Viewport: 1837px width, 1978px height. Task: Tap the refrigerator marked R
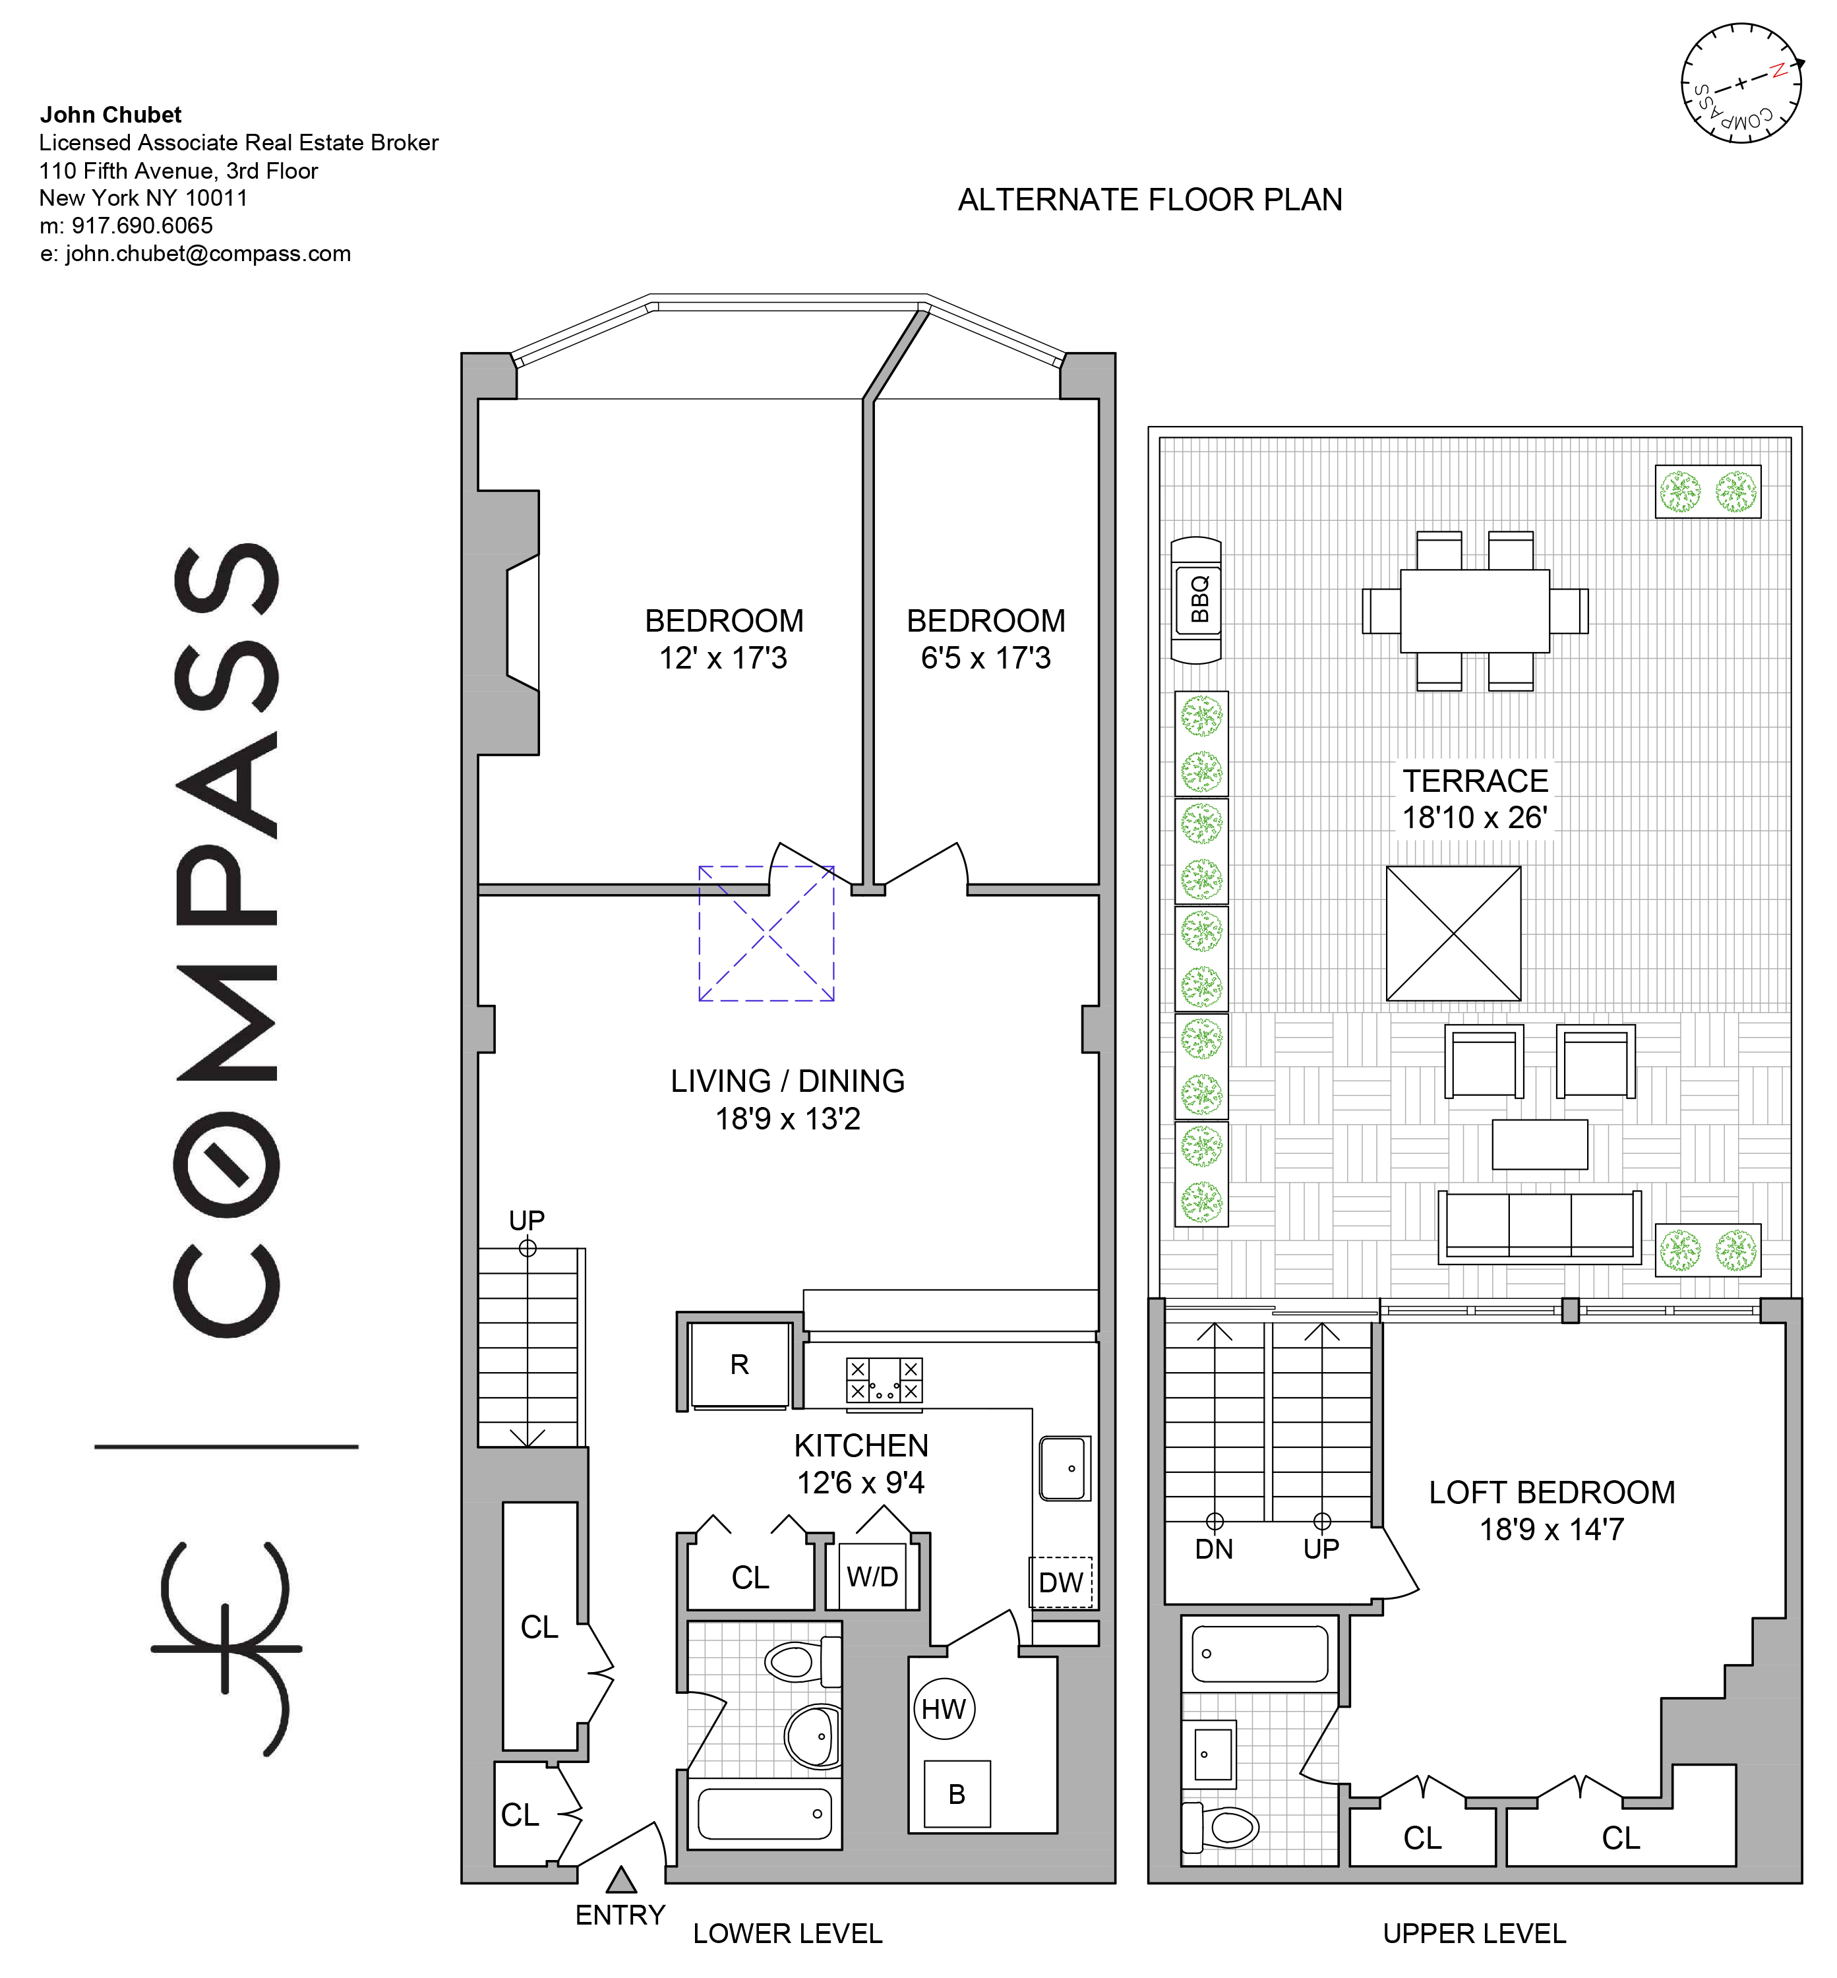740,1365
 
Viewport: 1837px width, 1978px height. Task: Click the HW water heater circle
944,1708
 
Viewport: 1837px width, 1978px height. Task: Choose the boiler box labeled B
956,1794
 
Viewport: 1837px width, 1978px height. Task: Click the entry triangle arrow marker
621,1878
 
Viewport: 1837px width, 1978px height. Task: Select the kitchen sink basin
1065,1468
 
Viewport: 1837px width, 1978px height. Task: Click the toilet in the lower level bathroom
801,1661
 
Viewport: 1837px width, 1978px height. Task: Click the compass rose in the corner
1741,82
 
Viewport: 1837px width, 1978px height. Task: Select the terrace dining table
1474,611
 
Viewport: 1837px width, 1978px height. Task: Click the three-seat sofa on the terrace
1539,1228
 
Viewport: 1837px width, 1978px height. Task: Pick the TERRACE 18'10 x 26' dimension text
1475,799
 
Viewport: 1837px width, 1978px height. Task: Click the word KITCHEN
861,1445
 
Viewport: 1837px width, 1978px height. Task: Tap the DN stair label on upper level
1214,1549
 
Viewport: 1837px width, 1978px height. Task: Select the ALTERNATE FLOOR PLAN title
1150,200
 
